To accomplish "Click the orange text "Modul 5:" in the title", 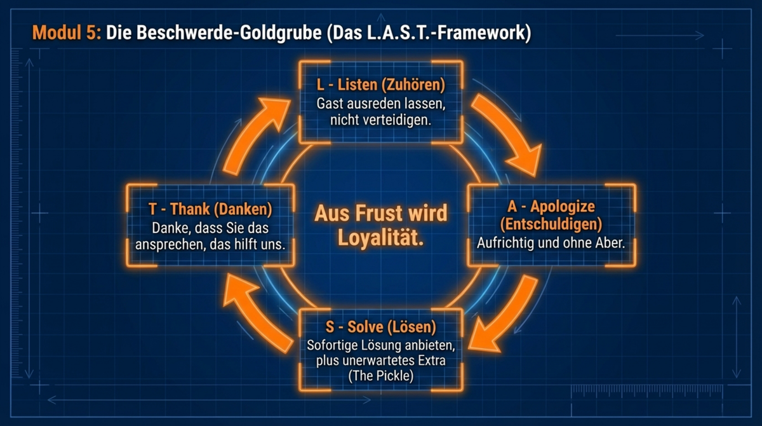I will pyautogui.click(x=66, y=32).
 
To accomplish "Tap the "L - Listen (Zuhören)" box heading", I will pyautogui.click(x=380, y=85).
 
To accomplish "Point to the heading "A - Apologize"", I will pyautogui.click(x=551, y=207).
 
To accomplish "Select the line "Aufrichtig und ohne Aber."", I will pyautogui.click(x=551, y=242).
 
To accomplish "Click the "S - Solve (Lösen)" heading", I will pyautogui.click(x=380, y=327).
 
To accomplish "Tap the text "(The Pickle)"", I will pyautogui.click(x=380, y=376).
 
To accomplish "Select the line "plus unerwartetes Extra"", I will pyautogui.click(x=380, y=361).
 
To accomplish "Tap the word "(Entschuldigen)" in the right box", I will pyautogui.click(x=551, y=224).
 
